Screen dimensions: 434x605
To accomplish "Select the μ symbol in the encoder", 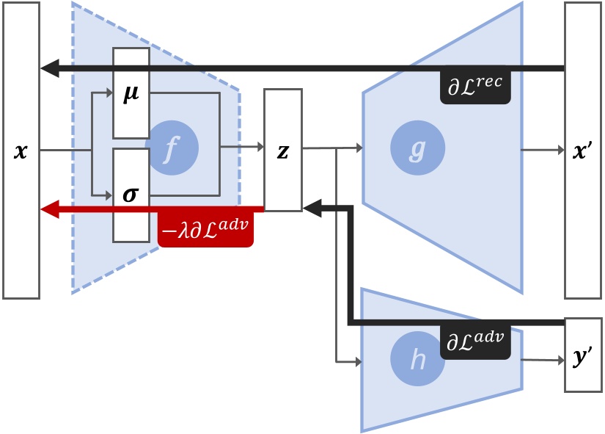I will (131, 95).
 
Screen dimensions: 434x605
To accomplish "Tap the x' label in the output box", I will (584, 152).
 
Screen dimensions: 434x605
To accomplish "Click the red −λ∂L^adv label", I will (205, 230).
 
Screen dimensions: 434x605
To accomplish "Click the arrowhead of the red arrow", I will (48, 210).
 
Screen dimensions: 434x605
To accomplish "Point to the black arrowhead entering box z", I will (311, 210).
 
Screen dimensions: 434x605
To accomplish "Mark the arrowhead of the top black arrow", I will (48, 69).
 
